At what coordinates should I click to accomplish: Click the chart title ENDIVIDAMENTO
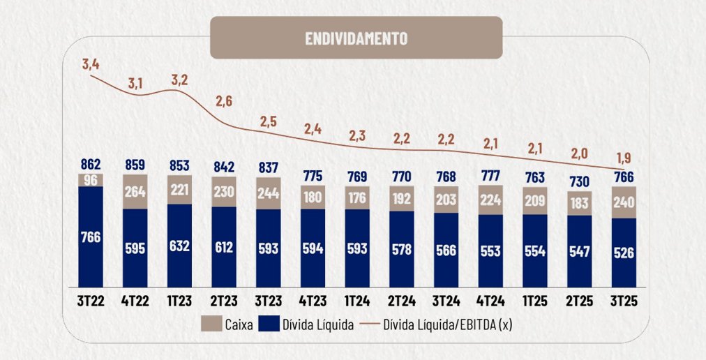(x=356, y=38)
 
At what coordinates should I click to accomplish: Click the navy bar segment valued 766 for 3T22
(x=91, y=237)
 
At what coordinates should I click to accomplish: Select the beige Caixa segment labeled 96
(x=91, y=179)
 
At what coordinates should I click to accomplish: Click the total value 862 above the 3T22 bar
(x=91, y=165)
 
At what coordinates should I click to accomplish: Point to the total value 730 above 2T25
(x=578, y=181)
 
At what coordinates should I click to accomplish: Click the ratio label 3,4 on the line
(x=91, y=65)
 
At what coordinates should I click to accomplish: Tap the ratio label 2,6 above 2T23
(x=223, y=101)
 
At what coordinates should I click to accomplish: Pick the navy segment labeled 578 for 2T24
(x=401, y=249)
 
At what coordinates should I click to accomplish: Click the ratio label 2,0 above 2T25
(x=578, y=152)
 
